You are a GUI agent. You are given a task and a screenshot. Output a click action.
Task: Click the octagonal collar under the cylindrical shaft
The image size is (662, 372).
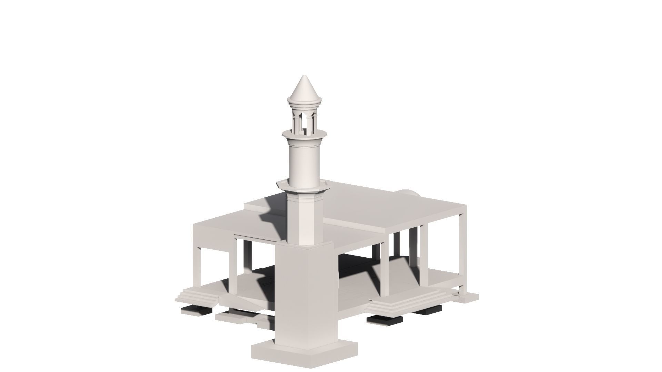(303, 188)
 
